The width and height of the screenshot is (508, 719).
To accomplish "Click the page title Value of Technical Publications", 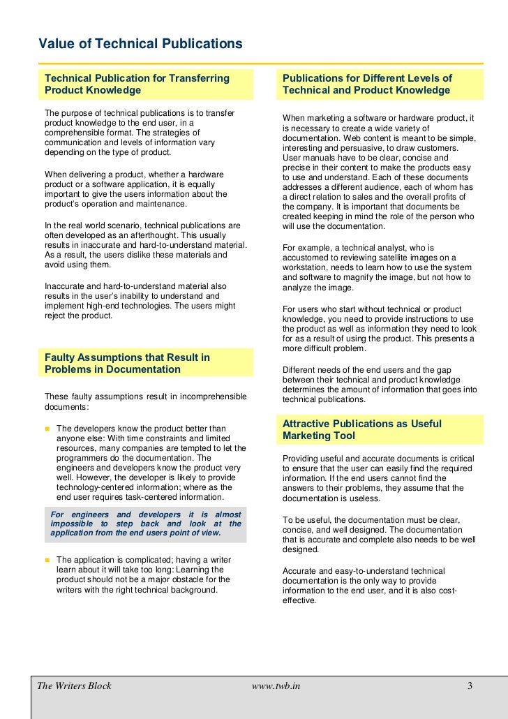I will point(140,45).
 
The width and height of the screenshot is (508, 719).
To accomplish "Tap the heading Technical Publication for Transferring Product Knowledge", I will point(137,84).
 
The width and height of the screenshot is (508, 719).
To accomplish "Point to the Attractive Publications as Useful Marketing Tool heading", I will point(361,429).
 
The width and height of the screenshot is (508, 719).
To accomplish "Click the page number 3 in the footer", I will point(470,685).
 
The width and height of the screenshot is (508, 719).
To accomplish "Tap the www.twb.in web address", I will point(276,685).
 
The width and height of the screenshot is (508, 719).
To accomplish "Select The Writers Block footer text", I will point(75,685).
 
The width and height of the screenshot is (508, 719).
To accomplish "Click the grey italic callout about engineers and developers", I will point(146,523).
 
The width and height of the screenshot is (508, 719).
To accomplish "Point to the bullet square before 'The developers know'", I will point(47,428).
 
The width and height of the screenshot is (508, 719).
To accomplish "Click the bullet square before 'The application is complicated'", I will point(47,559).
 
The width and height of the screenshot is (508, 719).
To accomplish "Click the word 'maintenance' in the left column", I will point(164,204).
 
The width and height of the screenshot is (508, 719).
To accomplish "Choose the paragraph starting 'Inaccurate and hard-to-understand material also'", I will point(140,301).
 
